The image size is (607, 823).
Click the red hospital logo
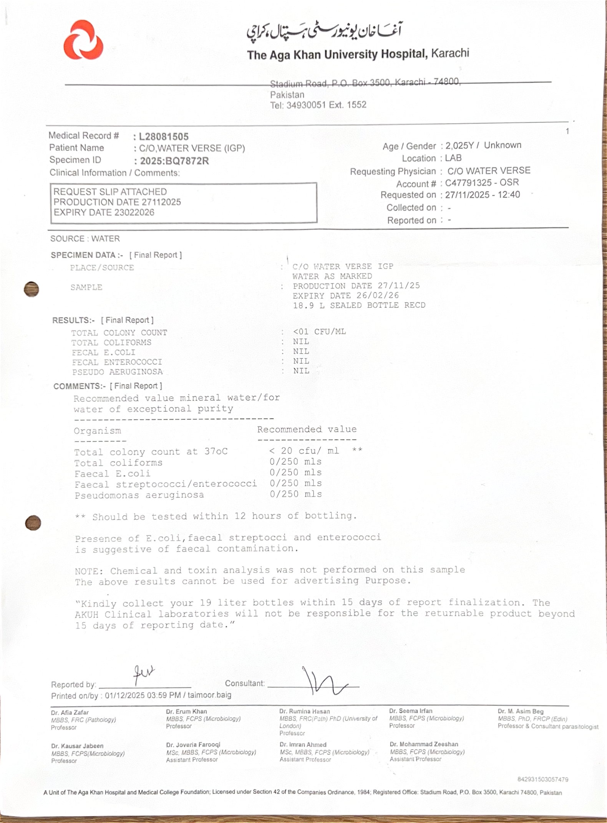tap(83, 40)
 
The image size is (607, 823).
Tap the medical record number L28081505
tap(164, 137)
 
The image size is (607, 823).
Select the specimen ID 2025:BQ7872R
tap(174, 161)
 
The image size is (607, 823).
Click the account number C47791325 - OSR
tap(482, 182)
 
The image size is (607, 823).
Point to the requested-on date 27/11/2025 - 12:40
tap(482, 195)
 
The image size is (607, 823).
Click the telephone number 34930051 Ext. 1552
tap(326, 105)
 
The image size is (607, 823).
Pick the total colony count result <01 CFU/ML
tap(319, 332)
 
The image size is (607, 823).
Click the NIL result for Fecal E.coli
tap(301, 351)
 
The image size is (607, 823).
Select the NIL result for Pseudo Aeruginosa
tap(301, 371)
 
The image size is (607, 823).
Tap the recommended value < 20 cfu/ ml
tap(304, 451)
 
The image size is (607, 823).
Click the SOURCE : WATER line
tap(85, 239)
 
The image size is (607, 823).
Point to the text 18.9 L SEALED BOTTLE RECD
tap(359, 306)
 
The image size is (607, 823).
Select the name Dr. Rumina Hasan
tap(304, 711)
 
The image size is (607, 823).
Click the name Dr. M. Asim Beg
tap(520, 711)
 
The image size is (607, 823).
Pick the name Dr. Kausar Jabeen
tap(77, 746)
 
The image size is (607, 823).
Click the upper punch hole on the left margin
tap(32, 289)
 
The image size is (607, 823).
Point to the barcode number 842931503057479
tap(542, 779)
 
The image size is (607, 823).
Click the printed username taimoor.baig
tap(209, 695)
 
